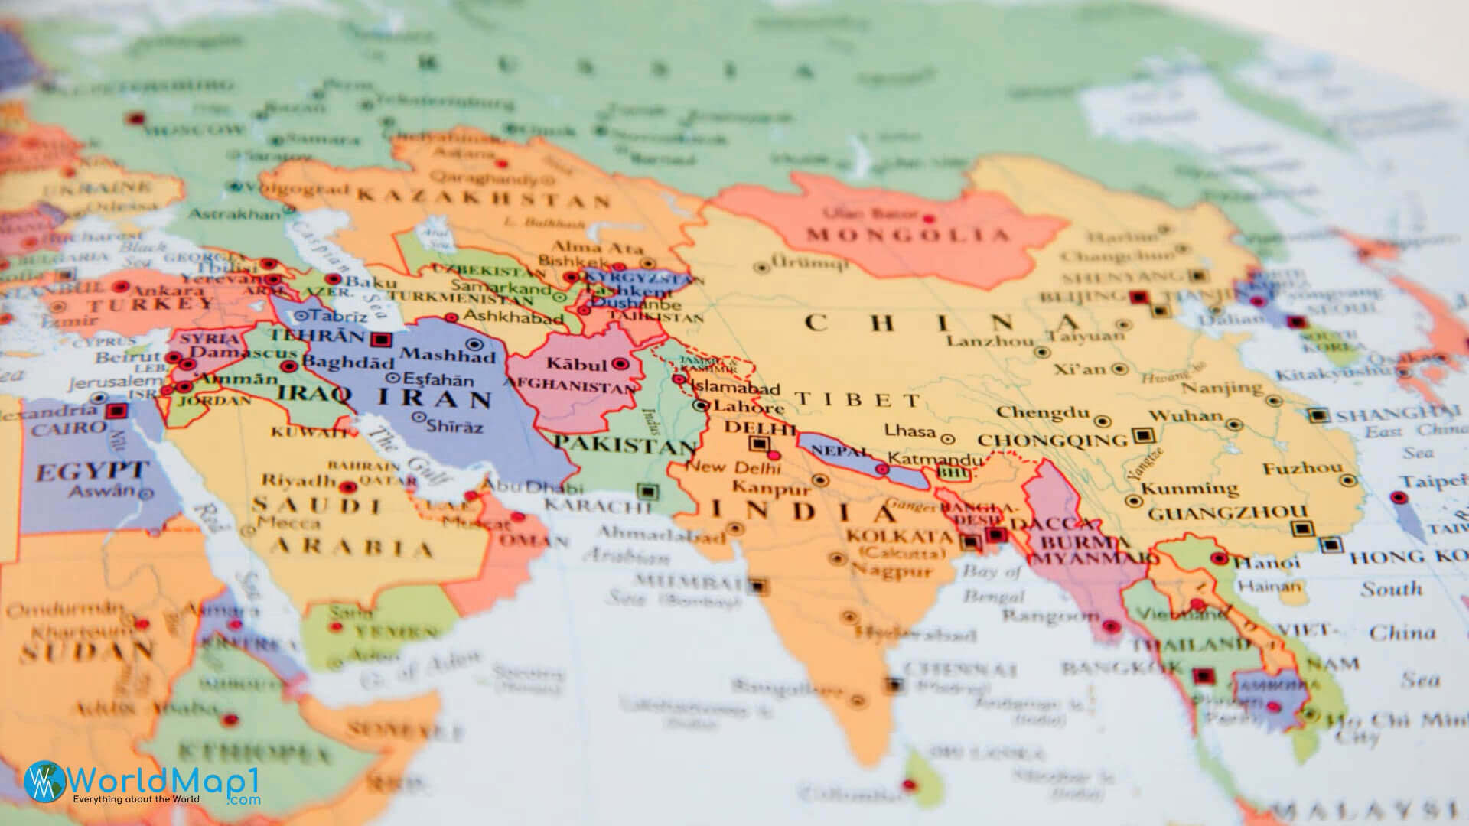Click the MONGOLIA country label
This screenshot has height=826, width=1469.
[908, 235]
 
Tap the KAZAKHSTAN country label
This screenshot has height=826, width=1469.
[484, 198]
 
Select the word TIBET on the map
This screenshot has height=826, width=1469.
[858, 399]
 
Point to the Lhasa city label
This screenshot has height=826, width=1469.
[910, 431]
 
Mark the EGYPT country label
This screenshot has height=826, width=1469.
[91, 470]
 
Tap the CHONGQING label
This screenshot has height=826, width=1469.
[1053, 441]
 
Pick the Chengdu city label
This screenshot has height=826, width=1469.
[1042, 413]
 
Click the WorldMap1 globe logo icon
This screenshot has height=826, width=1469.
[44, 781]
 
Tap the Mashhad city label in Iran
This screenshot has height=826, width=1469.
[448, 355]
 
